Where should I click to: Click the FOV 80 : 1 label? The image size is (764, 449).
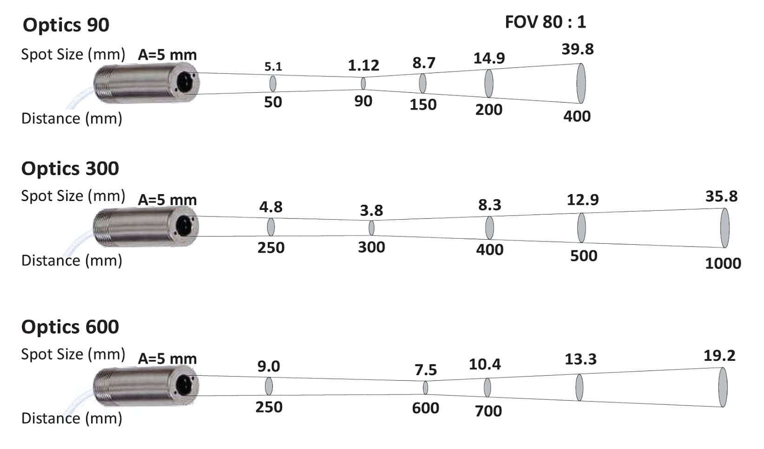click(545, 22)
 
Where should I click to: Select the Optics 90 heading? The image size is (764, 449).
click(66, 25)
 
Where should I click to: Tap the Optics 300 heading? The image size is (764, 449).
click(70, 168)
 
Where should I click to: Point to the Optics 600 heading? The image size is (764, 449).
click(70, 327)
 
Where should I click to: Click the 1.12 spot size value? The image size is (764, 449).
click(363, 65)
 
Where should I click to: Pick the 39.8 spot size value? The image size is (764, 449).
click(578, 49)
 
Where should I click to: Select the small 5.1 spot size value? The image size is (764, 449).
click(273, 67)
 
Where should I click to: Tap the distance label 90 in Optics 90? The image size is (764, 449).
click(363, 101)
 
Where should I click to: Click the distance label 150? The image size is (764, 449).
click(423, 104)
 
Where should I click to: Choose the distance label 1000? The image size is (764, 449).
click(723, 263)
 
